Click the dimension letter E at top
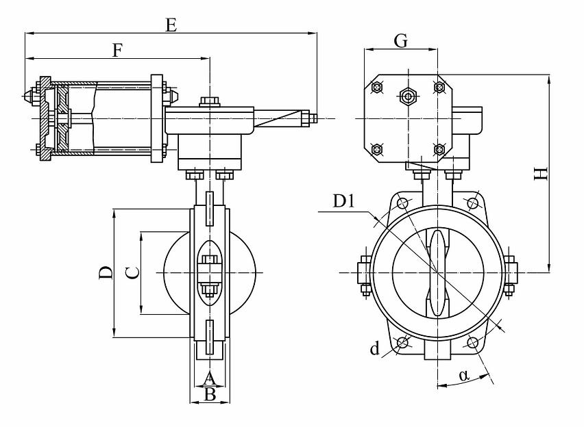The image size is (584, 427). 171,25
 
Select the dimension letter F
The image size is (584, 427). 117,50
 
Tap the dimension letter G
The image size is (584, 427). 401,41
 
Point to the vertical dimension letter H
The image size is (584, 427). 542,174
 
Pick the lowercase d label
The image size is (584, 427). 374,350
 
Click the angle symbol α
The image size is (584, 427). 464,375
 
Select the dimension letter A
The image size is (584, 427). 210,378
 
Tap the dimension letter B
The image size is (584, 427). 210,395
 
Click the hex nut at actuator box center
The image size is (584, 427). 408,96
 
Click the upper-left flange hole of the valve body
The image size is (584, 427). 402,203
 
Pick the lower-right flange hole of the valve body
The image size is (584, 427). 471,342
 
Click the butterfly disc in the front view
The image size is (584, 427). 437,272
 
